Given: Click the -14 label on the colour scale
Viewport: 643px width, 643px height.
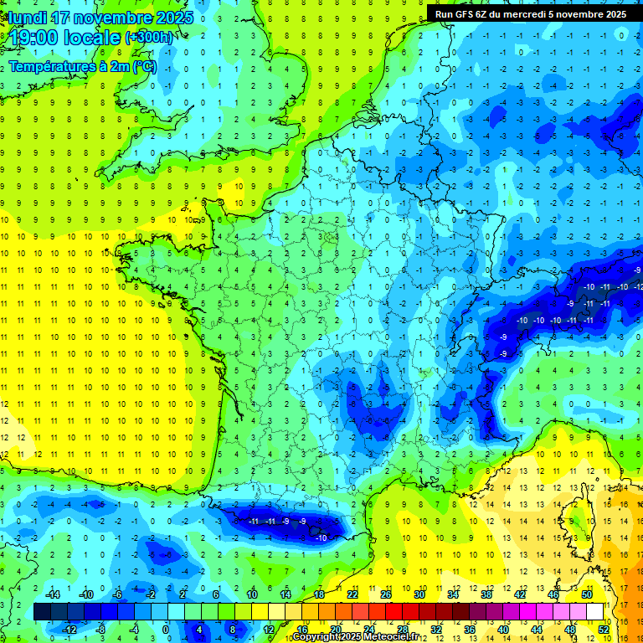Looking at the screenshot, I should (x=52, y=594).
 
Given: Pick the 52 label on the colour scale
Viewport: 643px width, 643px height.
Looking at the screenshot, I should (x=604, y=629).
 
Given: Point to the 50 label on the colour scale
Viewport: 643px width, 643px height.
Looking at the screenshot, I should (x=587, y=594).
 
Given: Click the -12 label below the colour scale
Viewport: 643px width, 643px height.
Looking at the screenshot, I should (x=69, y=629).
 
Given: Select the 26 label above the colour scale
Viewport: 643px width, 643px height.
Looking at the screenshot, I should (x=386, y=594).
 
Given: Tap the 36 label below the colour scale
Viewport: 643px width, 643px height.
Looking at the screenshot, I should (x=470, y=629).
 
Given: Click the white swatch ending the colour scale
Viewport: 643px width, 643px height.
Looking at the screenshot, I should (x=595, y=612).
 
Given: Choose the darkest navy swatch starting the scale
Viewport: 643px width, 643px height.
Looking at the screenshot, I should (x=42, y=612).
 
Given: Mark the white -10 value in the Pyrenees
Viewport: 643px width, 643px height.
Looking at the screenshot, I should (x=321, y=538).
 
